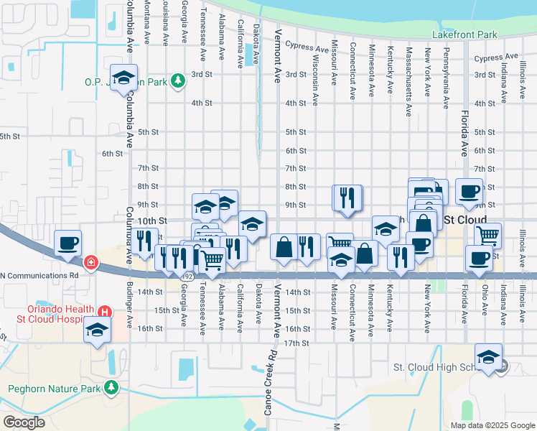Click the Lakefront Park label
[464, 34]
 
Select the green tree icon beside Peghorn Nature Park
[111, 388]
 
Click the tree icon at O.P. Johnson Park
[178, 81]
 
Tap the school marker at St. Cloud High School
[488, 357]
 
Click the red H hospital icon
[105, 312]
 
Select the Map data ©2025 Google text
[492, 425]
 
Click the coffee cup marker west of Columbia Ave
[68, 243]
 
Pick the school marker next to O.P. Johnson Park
[123, 78]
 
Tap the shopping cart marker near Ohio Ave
[488, 235]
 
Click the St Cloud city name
[466, 219]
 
